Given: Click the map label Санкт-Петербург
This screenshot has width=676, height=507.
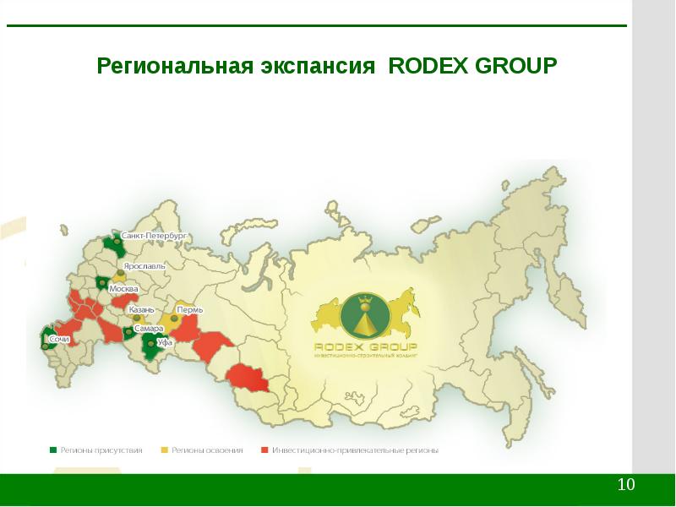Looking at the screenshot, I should pos(153,235).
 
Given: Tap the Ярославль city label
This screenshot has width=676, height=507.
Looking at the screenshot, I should pos(145,265).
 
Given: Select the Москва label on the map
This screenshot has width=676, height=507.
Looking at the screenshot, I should pos(124,289).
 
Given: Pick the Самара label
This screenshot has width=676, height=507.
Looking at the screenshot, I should pos(148,328).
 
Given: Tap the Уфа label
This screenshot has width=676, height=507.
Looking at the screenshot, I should pos(165,343).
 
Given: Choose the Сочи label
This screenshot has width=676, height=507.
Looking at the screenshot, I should pos(59,339).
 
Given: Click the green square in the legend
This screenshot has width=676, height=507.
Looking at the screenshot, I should pos(53,450).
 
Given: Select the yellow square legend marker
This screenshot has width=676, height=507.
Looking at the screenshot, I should pos(165,450).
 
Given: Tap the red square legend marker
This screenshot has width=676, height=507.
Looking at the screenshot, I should pos(264,450).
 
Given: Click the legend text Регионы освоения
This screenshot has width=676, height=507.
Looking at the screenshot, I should pos(207,450).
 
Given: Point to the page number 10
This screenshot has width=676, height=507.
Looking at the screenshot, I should pos(626,485).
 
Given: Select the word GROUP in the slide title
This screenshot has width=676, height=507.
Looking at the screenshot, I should pos(516,65).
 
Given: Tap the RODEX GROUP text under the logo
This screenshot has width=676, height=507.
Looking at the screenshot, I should pos(366,346).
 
